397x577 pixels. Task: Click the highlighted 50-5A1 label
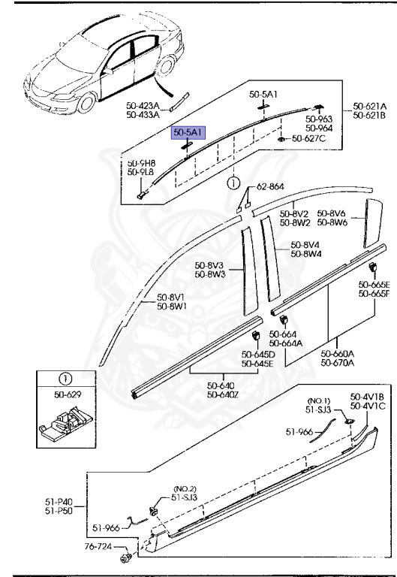189,132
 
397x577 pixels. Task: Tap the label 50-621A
368,107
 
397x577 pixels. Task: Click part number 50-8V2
296,213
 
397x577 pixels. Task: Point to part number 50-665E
374,285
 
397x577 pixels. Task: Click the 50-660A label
337,354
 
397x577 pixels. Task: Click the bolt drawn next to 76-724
126,558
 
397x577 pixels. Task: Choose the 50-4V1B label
367,396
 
